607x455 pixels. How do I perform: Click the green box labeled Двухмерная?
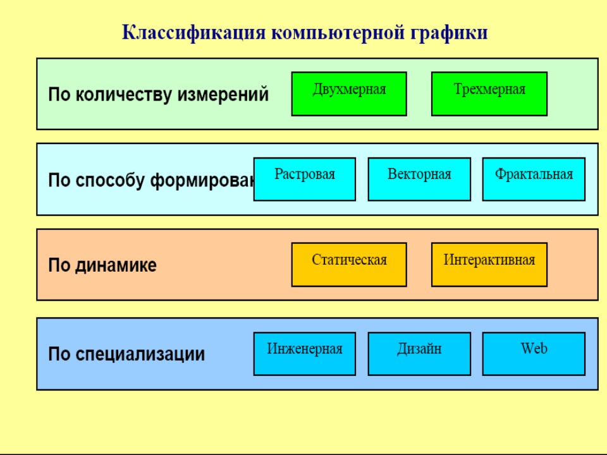coord(349,94)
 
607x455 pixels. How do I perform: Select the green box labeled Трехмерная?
coord(489,94)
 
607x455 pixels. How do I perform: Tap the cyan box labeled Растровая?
coord(305,179)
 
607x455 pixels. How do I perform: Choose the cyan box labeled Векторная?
coord(419,179)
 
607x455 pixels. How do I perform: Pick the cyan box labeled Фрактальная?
coord(534,179)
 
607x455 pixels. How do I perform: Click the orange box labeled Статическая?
coord(349,264)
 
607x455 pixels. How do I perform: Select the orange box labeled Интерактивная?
coord(489,264)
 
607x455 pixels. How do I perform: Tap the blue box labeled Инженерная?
coord(305,353)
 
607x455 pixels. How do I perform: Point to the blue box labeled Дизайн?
coord(419,353)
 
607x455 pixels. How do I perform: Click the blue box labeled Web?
coord(534,353)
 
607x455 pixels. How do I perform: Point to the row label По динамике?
coord(102,265)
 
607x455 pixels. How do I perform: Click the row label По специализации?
coord(126,354)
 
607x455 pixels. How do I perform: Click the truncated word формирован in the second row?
coord(202,181)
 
